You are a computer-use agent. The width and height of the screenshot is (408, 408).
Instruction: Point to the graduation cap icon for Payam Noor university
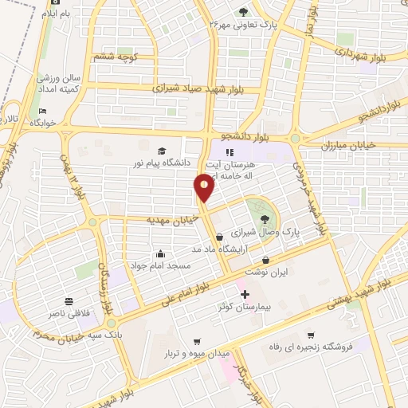click(163, 151)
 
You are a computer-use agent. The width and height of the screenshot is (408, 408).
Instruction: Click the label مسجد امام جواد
click(167, 265)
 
